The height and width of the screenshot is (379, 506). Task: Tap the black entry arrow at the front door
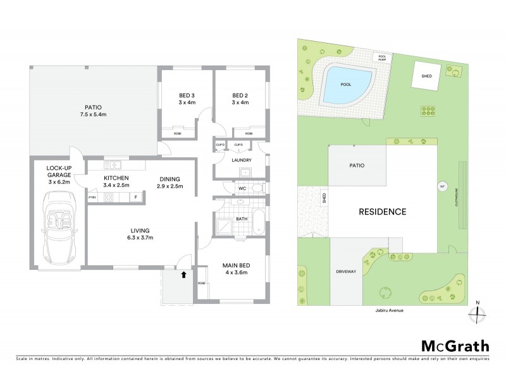[183, 275]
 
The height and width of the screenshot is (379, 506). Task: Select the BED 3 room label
[187, 99]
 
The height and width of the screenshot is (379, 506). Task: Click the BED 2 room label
[240, 99]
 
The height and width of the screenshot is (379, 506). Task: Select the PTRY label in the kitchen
[92, 197]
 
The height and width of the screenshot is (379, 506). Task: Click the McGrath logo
[455, 346]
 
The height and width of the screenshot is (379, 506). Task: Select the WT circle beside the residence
[442, 186]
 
